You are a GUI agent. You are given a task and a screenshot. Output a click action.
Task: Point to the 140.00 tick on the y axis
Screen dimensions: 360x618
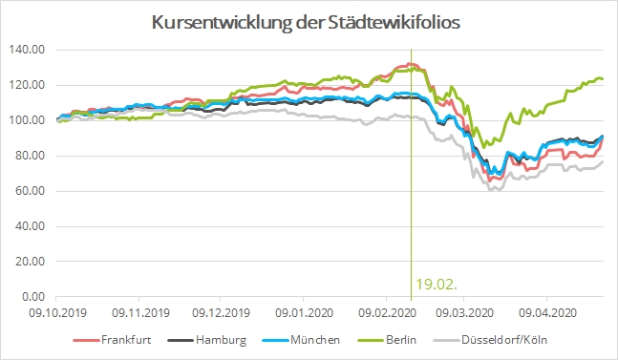[26, 50]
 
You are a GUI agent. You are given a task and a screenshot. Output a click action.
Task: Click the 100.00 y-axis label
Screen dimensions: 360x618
[26, 120]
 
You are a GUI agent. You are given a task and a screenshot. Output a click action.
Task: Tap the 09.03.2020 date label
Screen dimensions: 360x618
[462, 311]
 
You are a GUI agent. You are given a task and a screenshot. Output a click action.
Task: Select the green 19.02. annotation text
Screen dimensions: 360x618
[431, 284]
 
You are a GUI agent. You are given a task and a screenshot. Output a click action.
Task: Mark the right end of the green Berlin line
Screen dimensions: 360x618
[602, 79]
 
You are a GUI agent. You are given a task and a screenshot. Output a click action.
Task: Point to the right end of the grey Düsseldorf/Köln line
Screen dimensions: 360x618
[602, 161]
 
